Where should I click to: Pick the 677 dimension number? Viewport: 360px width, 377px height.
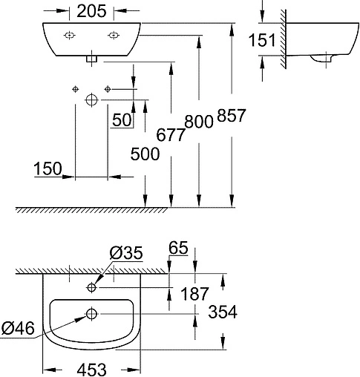tap(170, 135)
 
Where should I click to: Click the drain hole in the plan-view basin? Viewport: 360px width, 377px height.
tap(92, 314)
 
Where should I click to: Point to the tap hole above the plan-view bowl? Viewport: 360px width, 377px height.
tap(91, 286)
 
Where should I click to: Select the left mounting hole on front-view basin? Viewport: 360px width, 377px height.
tap(69, 35)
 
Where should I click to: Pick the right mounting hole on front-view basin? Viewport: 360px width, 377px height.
tap(113, 35)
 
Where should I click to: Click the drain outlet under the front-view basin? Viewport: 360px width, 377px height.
tap(91, 56)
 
